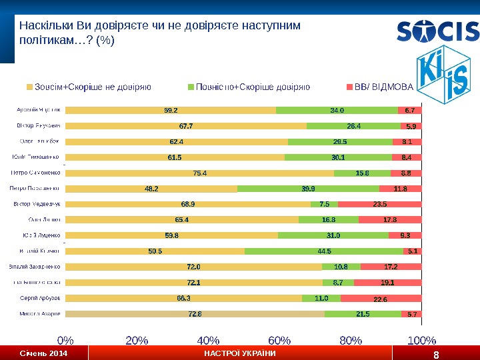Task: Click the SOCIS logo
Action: [x=437, y=31]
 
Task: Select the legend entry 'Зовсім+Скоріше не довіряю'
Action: [x=88, y=87]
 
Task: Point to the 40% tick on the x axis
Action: [x=209, y=341]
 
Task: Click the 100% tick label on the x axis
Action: [x=420, y=341]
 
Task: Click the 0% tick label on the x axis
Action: [x=65, y=341]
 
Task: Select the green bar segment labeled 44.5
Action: [x=324, y=251]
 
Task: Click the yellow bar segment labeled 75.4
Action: [x=199, y=173]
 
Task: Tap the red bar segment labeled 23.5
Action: [x=380, y=204]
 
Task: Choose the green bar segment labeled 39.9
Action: [x=308, y=189]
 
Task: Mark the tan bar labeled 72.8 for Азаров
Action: [x=194, y=313]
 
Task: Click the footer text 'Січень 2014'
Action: [x=43, y=353]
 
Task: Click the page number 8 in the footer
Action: [x=436, y=354]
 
